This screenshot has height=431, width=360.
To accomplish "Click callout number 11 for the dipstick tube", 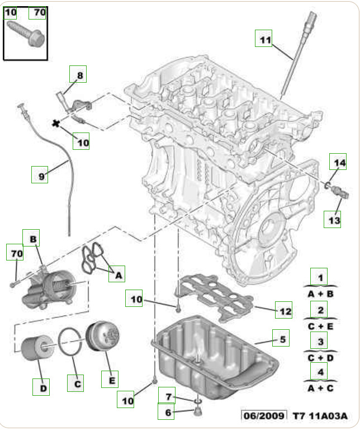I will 264,39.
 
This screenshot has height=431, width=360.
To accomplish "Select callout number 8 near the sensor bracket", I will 79,74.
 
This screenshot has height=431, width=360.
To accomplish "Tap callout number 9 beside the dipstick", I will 40,176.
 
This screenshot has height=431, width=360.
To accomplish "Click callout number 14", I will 337,163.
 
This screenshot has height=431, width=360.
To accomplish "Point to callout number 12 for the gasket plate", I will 285,310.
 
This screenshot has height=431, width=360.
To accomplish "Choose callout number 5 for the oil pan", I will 282,338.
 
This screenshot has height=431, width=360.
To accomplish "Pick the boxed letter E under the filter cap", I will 111,380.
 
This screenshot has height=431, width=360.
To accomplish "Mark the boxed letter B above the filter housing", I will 32,239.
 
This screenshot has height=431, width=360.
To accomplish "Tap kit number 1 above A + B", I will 320,277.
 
